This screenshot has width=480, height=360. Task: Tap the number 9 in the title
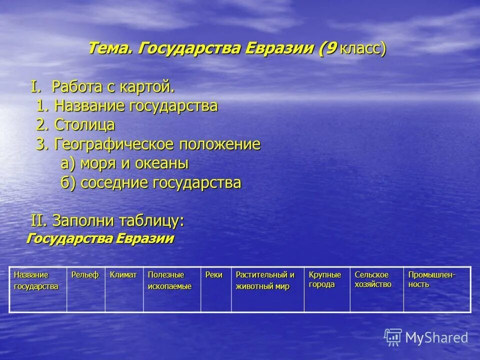point(330,49)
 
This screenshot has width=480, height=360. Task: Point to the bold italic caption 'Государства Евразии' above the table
point(100,238)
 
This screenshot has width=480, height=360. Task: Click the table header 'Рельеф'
point(85,275)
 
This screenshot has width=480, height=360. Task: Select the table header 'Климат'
point(123,275)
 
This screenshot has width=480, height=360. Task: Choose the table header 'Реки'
point(214,275)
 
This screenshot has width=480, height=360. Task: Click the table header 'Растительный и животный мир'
point(265,280)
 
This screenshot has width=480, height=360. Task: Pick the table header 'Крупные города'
point(325,279)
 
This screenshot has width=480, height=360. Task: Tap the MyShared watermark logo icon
point(393,337)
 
